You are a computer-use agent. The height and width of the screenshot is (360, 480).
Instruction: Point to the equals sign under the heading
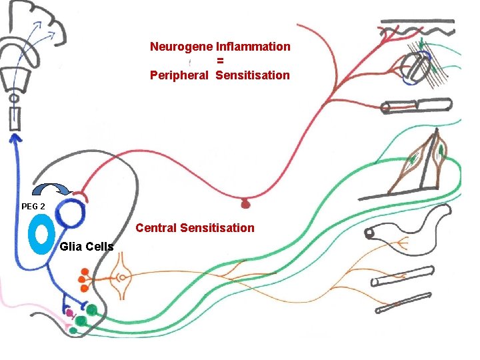[x=219, y=61]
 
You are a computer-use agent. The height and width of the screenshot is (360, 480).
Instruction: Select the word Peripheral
[x=179, y=75]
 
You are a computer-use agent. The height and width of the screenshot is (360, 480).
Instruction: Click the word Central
[x=157, y=228]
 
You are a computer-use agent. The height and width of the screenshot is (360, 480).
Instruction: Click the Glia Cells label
[x=86, y=247]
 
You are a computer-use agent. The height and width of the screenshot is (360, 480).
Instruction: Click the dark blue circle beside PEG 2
[x=70, y=214]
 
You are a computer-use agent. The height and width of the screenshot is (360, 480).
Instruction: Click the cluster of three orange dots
[x=85, y=279]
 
